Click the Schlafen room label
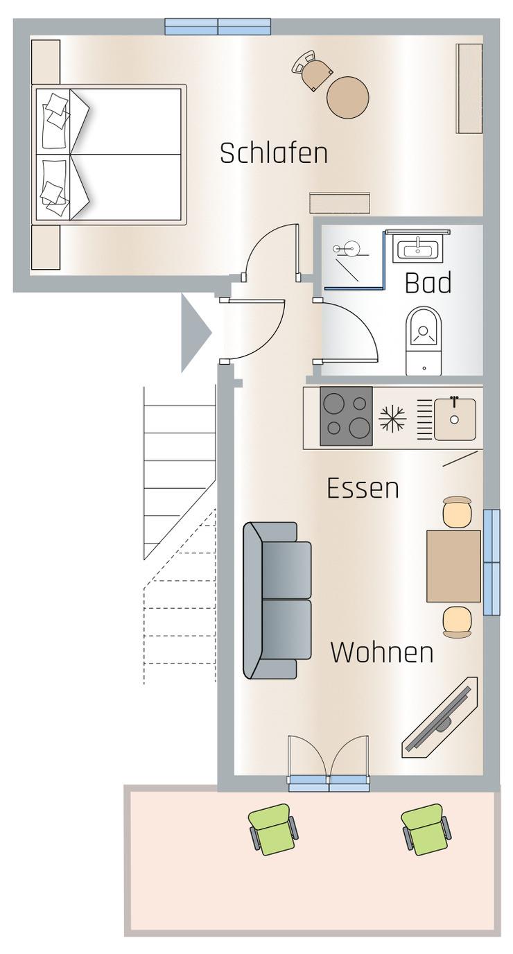(x=274, y=153)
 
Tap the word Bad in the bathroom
(x=428, y=283)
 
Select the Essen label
(x=363, y=489)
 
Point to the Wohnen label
(x=382, y=652)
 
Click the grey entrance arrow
(x=195, y=333)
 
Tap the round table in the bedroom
(x=347, y=97)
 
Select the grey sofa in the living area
(x=277, y=600)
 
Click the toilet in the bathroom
(x=424, y=340)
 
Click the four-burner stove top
(x=346, y=416)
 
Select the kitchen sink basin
(x=455, y=419)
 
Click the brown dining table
(x=454, y=566)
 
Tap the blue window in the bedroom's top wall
(x=218, y=26)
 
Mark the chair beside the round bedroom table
(x=313, y=69)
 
